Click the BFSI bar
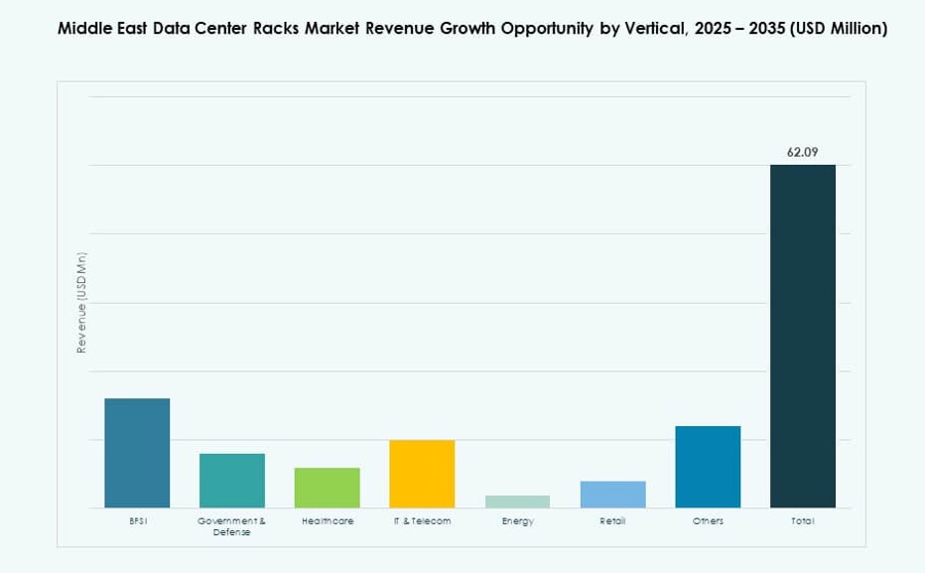[x=137, y=453]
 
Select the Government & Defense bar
[x=232, y=481]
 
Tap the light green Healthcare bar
[x=328, y=488]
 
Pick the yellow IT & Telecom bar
[x=422, y=474]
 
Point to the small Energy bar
[x=517, y=501]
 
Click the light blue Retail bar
[x=612, y=495]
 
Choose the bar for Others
[x=708, y=467]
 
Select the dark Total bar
[x=803, y=336]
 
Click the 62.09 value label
[x=803, y=152]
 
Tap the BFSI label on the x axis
[x=137, y=521]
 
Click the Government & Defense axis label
[x=232, y=526]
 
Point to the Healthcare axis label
[x=328, y=521]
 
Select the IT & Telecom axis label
[x=422, y=521]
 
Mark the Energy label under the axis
[x=517, y=521]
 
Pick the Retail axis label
[x=612, y=521]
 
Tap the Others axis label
[x=708, y=521]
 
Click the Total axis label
[x=803, y=521]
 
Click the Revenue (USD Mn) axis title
[x=81, y=303]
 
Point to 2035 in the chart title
[x=748, y=29]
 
